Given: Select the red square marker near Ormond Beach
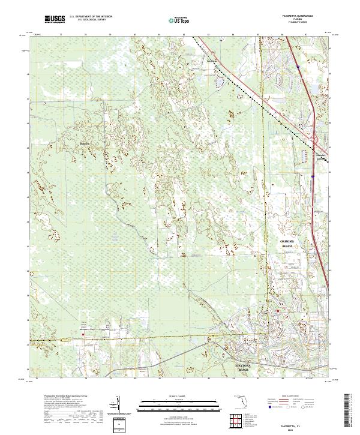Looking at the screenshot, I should click(278, 311).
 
